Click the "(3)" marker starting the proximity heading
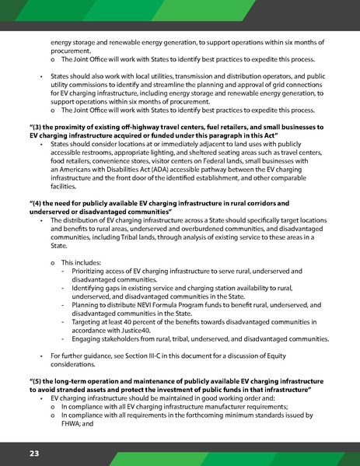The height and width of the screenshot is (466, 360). click(x=34, y=127)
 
